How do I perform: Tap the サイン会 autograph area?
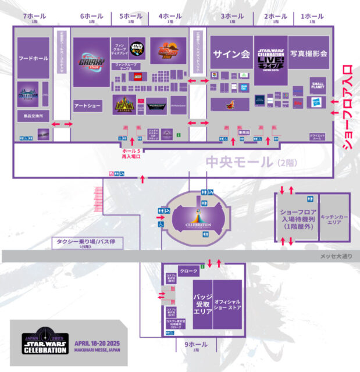pyautogui.click(x=231, y=54)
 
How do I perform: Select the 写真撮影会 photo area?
pyautogui.click(x=309, y=53)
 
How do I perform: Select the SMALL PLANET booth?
pyautogui.click(x=318, y=86)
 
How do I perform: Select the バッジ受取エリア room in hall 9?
pyautogui.click(x=202, y=303)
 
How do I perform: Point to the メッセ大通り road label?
pyautogui.click(x=336, y=256)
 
